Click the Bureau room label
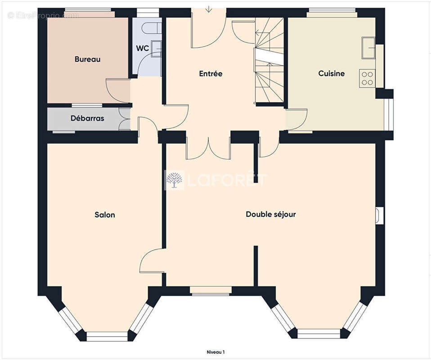click(87, 59)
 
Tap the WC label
click(142, 49)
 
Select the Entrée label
click(211, 73)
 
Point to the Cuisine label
click(331, 73)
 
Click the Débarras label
click(87, 119)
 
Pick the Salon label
click(104, 215)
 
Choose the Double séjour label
click(270, 214)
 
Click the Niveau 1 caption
click(215, 352)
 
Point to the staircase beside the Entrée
click(269, 61)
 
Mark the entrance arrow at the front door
click(209, 9)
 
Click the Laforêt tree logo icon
click(174, 180)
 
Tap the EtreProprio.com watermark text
click(43, 15)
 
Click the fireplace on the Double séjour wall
click(380, 216)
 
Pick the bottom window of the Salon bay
click(107, 336)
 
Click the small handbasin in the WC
click(156, 48)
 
